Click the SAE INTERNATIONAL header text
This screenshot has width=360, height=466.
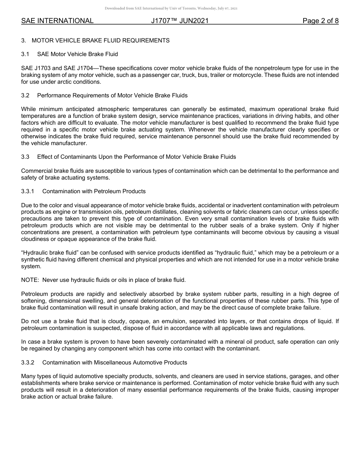point(57,21)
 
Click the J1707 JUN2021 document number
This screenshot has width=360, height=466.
point(180,21)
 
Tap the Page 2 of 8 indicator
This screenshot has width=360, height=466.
point(320,21)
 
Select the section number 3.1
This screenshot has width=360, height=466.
point(25,54)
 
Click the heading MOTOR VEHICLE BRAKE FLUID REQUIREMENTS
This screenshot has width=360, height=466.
point(100,40)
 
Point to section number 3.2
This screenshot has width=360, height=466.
point(25,95)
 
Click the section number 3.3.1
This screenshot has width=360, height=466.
point(28,191)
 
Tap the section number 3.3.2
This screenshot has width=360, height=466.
point(28,363)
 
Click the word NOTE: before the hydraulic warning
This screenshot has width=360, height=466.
point(30,280)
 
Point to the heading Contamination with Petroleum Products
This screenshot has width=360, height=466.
point(94,191)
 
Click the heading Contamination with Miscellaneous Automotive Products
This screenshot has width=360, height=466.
point(114,363)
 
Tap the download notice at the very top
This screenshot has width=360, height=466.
point(171,8)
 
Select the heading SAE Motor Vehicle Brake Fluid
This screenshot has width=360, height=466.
point(77,54)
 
